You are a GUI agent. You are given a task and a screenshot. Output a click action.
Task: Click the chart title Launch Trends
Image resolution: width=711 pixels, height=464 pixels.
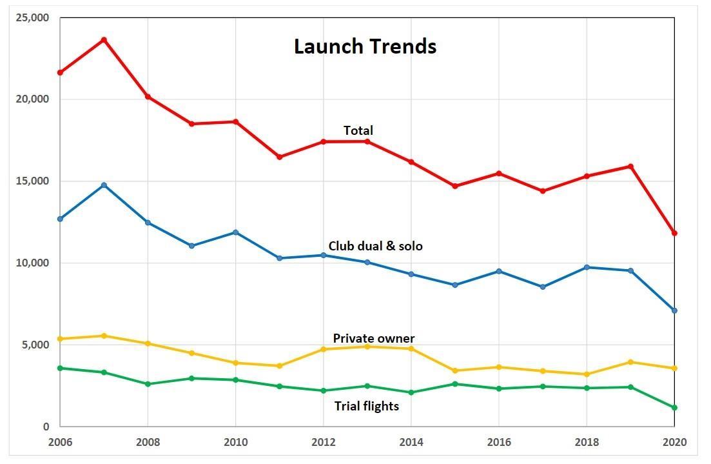[x=365, y=46]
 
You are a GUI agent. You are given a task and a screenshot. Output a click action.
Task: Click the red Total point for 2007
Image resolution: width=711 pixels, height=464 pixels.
[x=104, y=40]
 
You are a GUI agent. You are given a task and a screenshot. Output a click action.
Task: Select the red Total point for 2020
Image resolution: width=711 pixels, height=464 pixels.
[x=674, y=233]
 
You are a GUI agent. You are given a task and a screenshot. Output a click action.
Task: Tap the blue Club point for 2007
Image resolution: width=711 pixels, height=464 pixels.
[x=104, y=185]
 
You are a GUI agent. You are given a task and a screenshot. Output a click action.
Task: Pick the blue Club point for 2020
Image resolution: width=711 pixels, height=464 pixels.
[x=674, y=310]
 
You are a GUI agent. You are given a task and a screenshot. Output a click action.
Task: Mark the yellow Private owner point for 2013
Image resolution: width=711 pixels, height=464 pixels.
[x=367, y=347]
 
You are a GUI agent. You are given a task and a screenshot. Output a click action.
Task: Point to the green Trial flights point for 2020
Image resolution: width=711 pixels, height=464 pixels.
[x=674, y=407]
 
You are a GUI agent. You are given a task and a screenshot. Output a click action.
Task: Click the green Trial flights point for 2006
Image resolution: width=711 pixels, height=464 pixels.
[x=60, y=368]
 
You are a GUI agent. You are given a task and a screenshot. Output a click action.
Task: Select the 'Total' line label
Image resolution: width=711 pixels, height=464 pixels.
[x=358, y=130]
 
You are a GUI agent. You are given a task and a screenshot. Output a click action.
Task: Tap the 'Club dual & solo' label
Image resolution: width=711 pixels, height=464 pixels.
[x=375, y=246]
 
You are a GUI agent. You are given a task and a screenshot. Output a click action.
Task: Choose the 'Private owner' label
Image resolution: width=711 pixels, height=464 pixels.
[x=373, y=338]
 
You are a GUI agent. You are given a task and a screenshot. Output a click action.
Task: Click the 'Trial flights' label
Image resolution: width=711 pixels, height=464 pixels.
[x=366, y=406]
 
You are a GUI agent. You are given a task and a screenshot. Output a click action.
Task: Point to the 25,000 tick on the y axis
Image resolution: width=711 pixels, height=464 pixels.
[x=32, y=17]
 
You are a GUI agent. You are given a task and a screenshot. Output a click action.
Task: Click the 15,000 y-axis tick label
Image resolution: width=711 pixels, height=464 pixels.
[x=32, y=181]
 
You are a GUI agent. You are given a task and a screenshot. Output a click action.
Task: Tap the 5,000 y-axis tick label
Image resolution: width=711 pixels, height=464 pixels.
[x=35, y=345]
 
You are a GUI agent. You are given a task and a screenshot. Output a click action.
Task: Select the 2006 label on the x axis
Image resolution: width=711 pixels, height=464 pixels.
[x=60, y=442]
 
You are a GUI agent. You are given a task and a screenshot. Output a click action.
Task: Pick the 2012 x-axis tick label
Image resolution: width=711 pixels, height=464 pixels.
[x=324, y=442]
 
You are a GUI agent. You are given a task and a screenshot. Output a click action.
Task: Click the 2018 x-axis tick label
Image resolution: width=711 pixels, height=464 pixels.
[x=587, y=442]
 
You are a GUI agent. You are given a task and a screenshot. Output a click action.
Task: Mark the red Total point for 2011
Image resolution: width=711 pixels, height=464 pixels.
[x=280, y=157]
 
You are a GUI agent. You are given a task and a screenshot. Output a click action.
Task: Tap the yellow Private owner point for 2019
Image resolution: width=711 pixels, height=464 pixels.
[x=630, y=362]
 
